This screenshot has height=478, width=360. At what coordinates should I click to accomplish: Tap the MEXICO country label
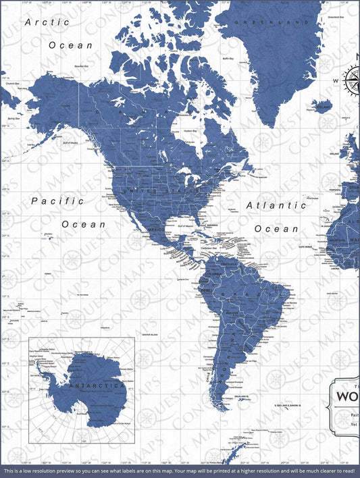point(156,230)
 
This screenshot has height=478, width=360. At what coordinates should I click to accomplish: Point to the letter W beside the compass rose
point(334,81)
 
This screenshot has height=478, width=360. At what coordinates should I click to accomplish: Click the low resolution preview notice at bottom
point(180,470)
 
